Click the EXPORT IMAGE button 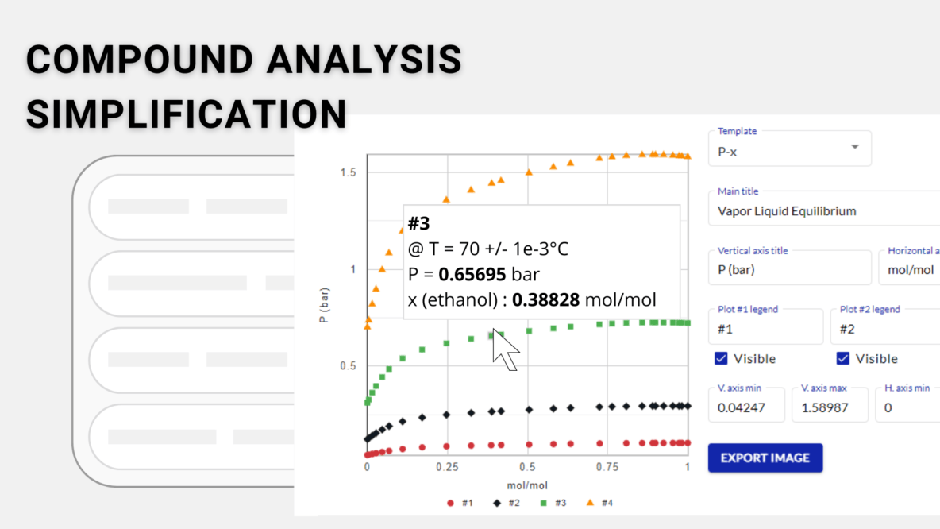coord(765,458)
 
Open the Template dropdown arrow coord(854,148)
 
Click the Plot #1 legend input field coord(765,329)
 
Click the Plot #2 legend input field coord(885,329)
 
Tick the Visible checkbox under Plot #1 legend coord(721,359)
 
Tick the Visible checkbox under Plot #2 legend coord(843,359)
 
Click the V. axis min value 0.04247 coord(745,407)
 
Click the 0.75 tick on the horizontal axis coord(607,468)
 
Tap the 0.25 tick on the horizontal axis coord(447,468)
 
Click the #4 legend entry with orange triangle coord(601,503)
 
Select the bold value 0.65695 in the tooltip coord(472,275)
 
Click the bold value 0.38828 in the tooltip coord(546,300)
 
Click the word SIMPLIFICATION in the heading coord(186,114)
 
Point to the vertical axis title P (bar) coord(325,305)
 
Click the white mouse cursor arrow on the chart coord(504,349)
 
